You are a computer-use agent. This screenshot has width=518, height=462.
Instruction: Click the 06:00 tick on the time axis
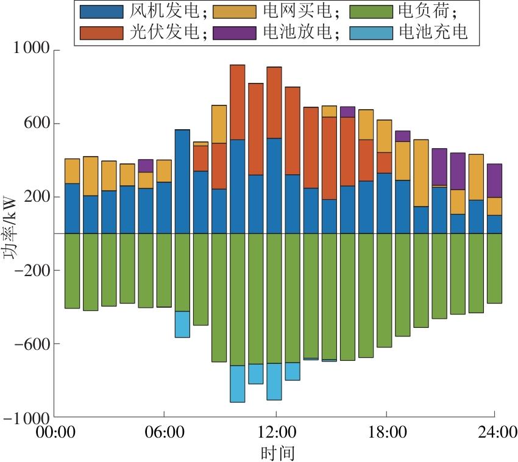[165, 433]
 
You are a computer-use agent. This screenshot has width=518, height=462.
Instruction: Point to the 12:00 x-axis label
[275, 433]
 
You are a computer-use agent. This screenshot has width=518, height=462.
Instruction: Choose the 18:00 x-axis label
[387, 433]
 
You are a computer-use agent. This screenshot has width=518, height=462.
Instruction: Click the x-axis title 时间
[275, 453]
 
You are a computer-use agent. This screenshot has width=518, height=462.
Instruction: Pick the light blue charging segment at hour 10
[238, 384]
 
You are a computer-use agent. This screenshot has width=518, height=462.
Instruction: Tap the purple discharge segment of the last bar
[494, 180]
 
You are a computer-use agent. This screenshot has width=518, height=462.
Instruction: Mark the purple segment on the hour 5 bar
[146, 166]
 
